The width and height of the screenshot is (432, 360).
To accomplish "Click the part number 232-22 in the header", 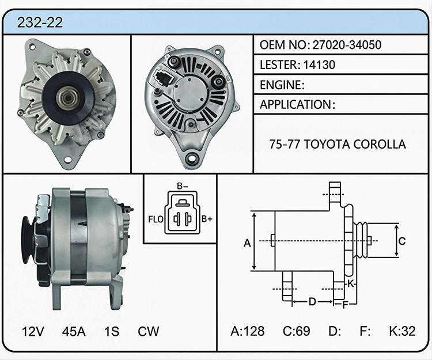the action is [40, 22].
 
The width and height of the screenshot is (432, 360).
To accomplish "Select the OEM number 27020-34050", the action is [347, 44].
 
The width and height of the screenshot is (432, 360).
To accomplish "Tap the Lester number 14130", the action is [319, 65].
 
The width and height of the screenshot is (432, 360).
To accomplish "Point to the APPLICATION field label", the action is [295, 105].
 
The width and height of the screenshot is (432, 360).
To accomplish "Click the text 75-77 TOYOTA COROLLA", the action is [338, 144].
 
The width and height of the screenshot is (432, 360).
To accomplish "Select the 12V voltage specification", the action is [33, 331].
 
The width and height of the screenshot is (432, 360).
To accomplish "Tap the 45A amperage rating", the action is [74, 331].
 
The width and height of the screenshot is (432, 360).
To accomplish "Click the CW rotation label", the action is [149, 331].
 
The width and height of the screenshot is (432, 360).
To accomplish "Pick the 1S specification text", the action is [112, 331].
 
